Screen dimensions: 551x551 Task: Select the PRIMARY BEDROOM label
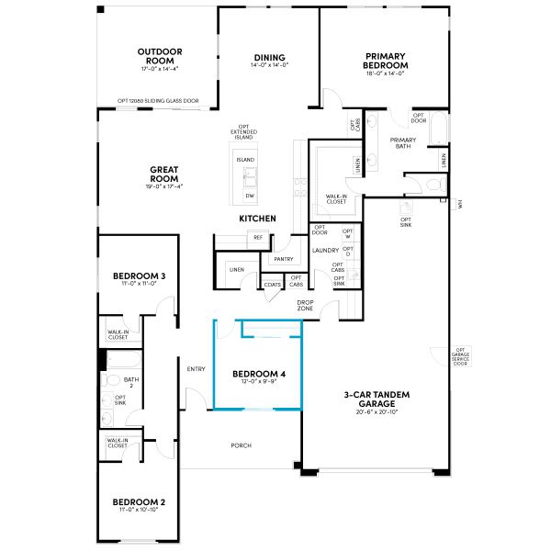[385, 61]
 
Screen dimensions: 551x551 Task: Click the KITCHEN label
[258, 219]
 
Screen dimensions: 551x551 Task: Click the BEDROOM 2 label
[139, 502]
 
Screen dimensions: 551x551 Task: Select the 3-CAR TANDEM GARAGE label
[376, 399]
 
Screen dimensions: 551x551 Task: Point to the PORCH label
[241, 445]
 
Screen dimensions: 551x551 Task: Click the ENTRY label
[196, 369]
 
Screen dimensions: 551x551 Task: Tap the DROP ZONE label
[305, 306]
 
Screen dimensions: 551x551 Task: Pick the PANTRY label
[283, 260]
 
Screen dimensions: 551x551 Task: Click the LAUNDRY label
[326, 250]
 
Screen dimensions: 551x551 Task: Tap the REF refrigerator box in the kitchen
[257, 238]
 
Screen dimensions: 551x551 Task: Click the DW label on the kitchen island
[249, 197]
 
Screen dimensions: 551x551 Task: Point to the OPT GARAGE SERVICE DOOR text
[460, 356]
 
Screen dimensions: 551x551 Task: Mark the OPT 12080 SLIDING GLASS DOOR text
[157, 100]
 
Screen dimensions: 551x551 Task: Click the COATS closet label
[272, 285]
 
